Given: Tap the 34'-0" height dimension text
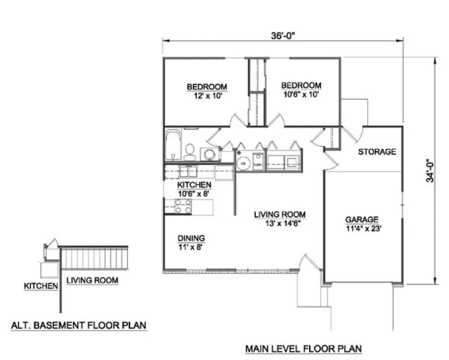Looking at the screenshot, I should [x=429, y=170].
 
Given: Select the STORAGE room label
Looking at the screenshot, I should [x=377, y=152].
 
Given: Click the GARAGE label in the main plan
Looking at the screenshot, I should [x=362, y=220].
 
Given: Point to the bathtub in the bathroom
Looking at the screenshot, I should [x=173, y=146].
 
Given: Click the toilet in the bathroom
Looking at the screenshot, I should [x=189, y=151].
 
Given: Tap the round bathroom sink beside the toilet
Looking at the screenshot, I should [x=208, y=155].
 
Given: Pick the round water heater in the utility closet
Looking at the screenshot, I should [x=243, y=163].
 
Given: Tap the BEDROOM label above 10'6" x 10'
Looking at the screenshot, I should [x=301, y=86].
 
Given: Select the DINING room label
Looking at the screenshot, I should [x=191, y=238].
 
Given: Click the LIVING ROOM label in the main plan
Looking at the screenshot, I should [x=280, y=214].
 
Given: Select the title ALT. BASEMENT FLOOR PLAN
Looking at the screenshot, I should [x=79, y=326].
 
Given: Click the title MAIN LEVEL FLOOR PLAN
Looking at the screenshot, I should [x=303, y=348].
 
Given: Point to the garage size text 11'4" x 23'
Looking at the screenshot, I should [x=362, y=228].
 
